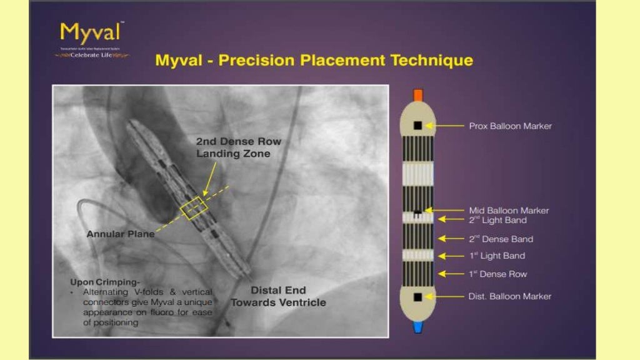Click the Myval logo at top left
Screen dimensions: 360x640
pos(92,39)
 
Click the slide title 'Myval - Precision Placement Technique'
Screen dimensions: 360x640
pos(314,61)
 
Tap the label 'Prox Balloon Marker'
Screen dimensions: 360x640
pos(510,126)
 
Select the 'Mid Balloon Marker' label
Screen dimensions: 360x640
pos(509,211)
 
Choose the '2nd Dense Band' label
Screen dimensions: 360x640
pos(501,239)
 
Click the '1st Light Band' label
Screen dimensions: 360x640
pos(497,256)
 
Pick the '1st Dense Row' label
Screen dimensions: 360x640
pos(498,274)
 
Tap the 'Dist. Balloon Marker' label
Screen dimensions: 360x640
pos(509,296)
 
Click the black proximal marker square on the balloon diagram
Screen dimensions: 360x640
pos(417,126)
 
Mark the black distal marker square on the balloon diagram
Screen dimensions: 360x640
pos(417,296)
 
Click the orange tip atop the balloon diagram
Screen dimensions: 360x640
pos(418,95)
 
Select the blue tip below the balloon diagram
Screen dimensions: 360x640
pos(418,327)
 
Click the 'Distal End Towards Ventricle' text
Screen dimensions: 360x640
pos(278,296)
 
